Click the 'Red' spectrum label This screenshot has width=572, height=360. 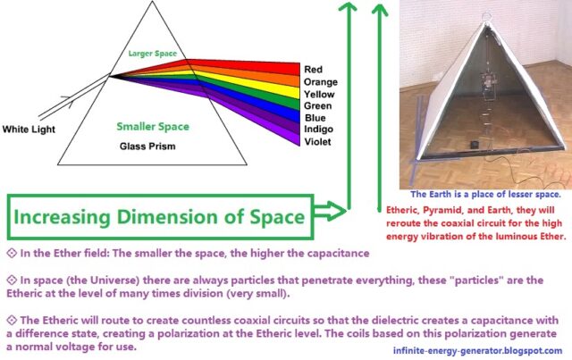313,70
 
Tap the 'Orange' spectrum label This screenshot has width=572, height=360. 321,82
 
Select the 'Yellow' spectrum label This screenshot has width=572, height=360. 319,95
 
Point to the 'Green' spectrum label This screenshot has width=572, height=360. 318,106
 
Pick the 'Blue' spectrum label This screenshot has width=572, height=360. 315,118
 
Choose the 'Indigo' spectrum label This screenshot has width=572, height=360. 318,130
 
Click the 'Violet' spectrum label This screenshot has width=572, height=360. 317,142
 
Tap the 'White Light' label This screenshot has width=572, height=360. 29,130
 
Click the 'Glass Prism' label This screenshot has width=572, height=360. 147,147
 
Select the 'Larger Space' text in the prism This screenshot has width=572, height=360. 153,54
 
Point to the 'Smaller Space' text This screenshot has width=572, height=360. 153,127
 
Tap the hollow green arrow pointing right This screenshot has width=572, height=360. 330,211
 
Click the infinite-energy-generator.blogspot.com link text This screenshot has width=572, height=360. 477,351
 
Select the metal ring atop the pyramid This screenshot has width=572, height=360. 486,17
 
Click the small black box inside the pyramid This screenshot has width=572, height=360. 474,145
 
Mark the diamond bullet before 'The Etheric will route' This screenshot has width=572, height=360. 12,320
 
